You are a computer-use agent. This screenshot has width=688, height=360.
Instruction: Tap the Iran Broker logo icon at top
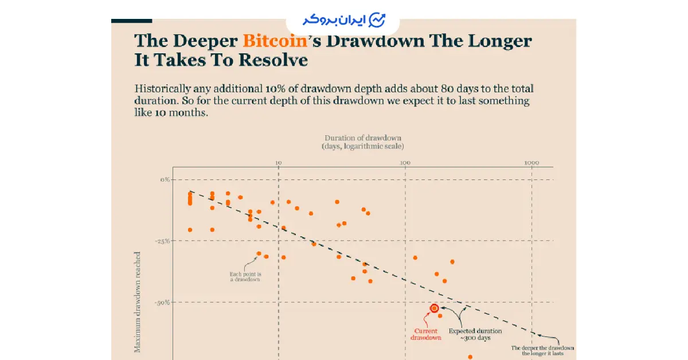[377, 20]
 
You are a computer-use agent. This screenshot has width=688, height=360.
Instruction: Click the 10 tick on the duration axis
[278, 162]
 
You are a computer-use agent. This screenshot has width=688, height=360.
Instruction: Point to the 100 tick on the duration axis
[405, 162]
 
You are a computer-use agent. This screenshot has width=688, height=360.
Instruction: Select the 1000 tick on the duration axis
[531, 162]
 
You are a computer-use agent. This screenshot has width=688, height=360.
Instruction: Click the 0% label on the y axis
[165, 179]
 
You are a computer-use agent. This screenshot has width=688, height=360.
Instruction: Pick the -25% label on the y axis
[163, 241]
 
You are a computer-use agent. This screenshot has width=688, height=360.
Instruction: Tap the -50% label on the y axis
[163, 302]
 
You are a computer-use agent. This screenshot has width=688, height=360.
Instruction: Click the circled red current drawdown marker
[434, 308]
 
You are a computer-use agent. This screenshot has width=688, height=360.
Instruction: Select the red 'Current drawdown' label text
[425, 334]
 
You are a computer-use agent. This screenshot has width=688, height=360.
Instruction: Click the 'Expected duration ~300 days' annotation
[475, 334]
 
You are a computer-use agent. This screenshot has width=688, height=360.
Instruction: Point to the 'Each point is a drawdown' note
[245, 276]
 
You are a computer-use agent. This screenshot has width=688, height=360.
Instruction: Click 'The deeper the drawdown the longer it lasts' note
[542, 351]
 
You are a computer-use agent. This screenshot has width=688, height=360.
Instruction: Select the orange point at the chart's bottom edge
[470, 357]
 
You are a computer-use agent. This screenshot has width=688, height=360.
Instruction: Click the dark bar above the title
[131, 21]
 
